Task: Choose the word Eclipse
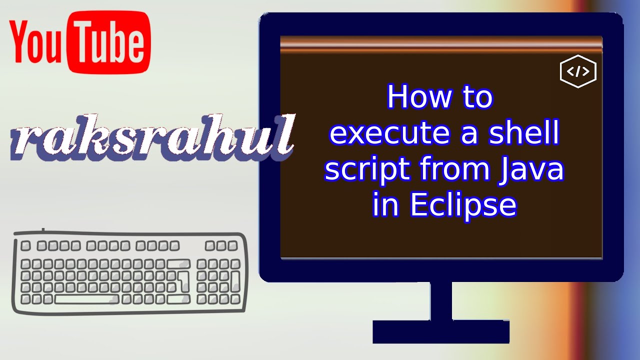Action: coord(463,205)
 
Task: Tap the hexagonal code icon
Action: coord(578,71)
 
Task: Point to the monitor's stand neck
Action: coord(441,301)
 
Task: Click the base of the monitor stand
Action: coord(441,331)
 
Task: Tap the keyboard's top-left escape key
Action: coord(25,245)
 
